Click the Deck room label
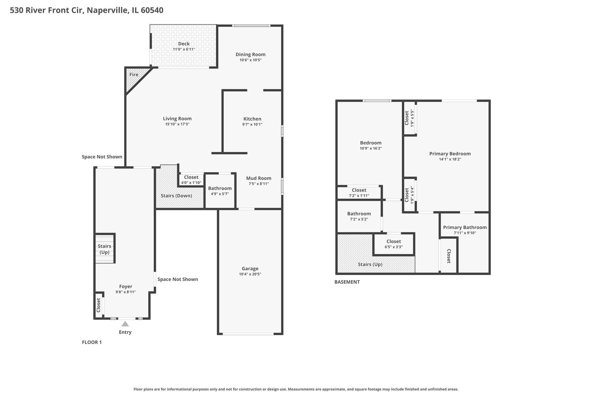coord(184,44)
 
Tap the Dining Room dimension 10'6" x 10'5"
coord(250,60)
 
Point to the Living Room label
coord(177,118)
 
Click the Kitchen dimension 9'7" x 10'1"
coord(252,124)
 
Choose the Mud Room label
coord(259,178)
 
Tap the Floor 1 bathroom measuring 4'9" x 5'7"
coord(220,191)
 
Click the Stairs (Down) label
coord(176,196)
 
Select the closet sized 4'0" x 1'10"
coord(191,180)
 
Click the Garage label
coord(250,268)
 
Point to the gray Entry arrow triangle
coord(125,324)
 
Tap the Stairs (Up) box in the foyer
coord(105,249)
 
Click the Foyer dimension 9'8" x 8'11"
coord(126,292)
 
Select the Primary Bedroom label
coord(450,154)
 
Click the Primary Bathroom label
coord(465,227)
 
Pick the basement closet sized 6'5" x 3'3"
coord(394,244)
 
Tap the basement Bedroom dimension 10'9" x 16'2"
coord(371,148)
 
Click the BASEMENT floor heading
coord(347,282)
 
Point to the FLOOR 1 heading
coord(92,342)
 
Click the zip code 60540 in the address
coord(152,10)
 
